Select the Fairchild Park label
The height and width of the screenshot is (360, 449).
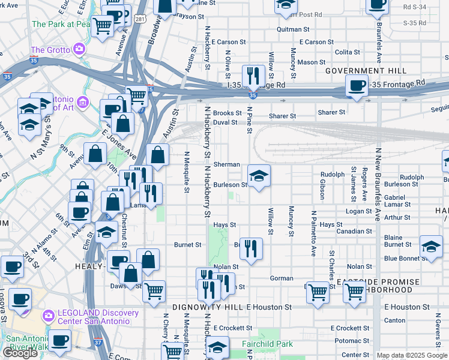coord(267,343)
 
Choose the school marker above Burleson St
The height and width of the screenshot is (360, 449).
coord(259,176)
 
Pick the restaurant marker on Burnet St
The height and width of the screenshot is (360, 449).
coord(251,248)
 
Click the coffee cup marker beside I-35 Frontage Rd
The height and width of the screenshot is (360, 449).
coord(357,88)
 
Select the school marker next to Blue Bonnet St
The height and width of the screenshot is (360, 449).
coord(430,246)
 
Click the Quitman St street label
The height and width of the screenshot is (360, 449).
coord(293,29)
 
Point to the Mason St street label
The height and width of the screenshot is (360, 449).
coord(311,62)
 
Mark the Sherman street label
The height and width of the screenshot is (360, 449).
coord(228,164)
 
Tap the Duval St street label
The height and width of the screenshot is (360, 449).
coord(226,122)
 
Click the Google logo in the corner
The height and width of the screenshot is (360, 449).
coord(20,353)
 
